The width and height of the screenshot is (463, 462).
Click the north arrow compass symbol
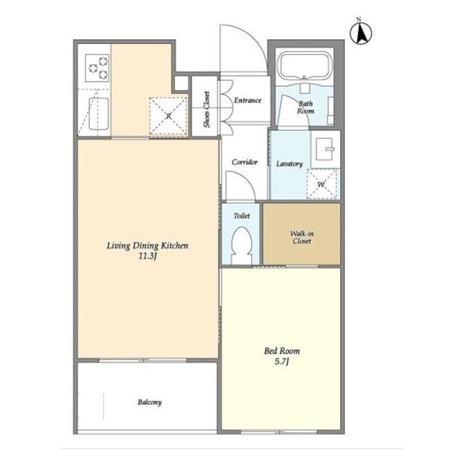[x=360, y=32]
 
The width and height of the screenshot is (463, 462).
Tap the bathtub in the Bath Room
[x=305, y=66]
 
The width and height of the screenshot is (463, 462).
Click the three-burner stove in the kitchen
[x=97, y=68]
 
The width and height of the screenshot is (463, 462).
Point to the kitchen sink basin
[x=98, y=114]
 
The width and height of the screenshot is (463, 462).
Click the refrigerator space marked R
[x=169, y=116]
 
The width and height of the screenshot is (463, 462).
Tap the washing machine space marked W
[x=321, y=184]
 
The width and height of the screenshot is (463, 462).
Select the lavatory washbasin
[x=325, y=150]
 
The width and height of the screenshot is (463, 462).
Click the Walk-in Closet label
[x=302, y=237]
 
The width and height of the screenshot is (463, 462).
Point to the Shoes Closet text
[x=206, y=109]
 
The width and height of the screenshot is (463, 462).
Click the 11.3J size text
[x=148, y=256]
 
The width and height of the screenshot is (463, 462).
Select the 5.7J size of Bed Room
[x=281, y=362]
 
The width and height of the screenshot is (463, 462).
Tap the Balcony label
[x=150, y=402]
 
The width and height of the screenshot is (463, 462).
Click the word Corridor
[x=245, y=162]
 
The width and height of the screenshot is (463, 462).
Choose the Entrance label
[x=247, y=100]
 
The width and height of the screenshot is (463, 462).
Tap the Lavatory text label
[x=289, y=163]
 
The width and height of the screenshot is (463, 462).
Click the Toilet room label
[x=242, y=216]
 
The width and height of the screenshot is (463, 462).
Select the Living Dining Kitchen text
[x=148, y=246]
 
